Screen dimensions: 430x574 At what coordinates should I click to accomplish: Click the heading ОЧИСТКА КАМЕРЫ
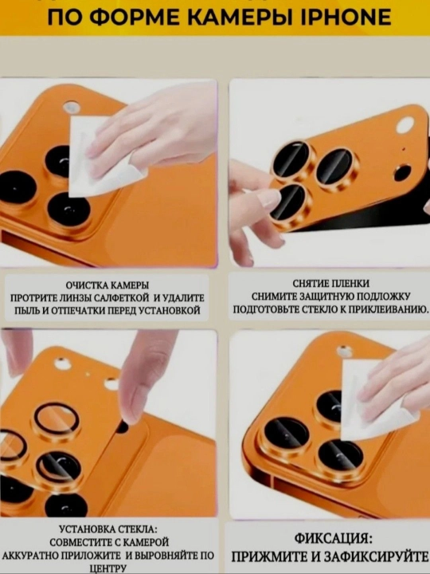[107, 285]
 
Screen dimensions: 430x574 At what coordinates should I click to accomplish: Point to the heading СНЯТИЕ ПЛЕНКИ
[331, 284]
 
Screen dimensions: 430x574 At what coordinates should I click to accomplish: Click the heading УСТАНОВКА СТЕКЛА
[108, 529]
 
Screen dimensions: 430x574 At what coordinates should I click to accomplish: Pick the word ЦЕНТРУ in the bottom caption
[107, 569]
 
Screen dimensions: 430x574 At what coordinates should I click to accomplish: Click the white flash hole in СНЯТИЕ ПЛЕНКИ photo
[405, 125]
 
